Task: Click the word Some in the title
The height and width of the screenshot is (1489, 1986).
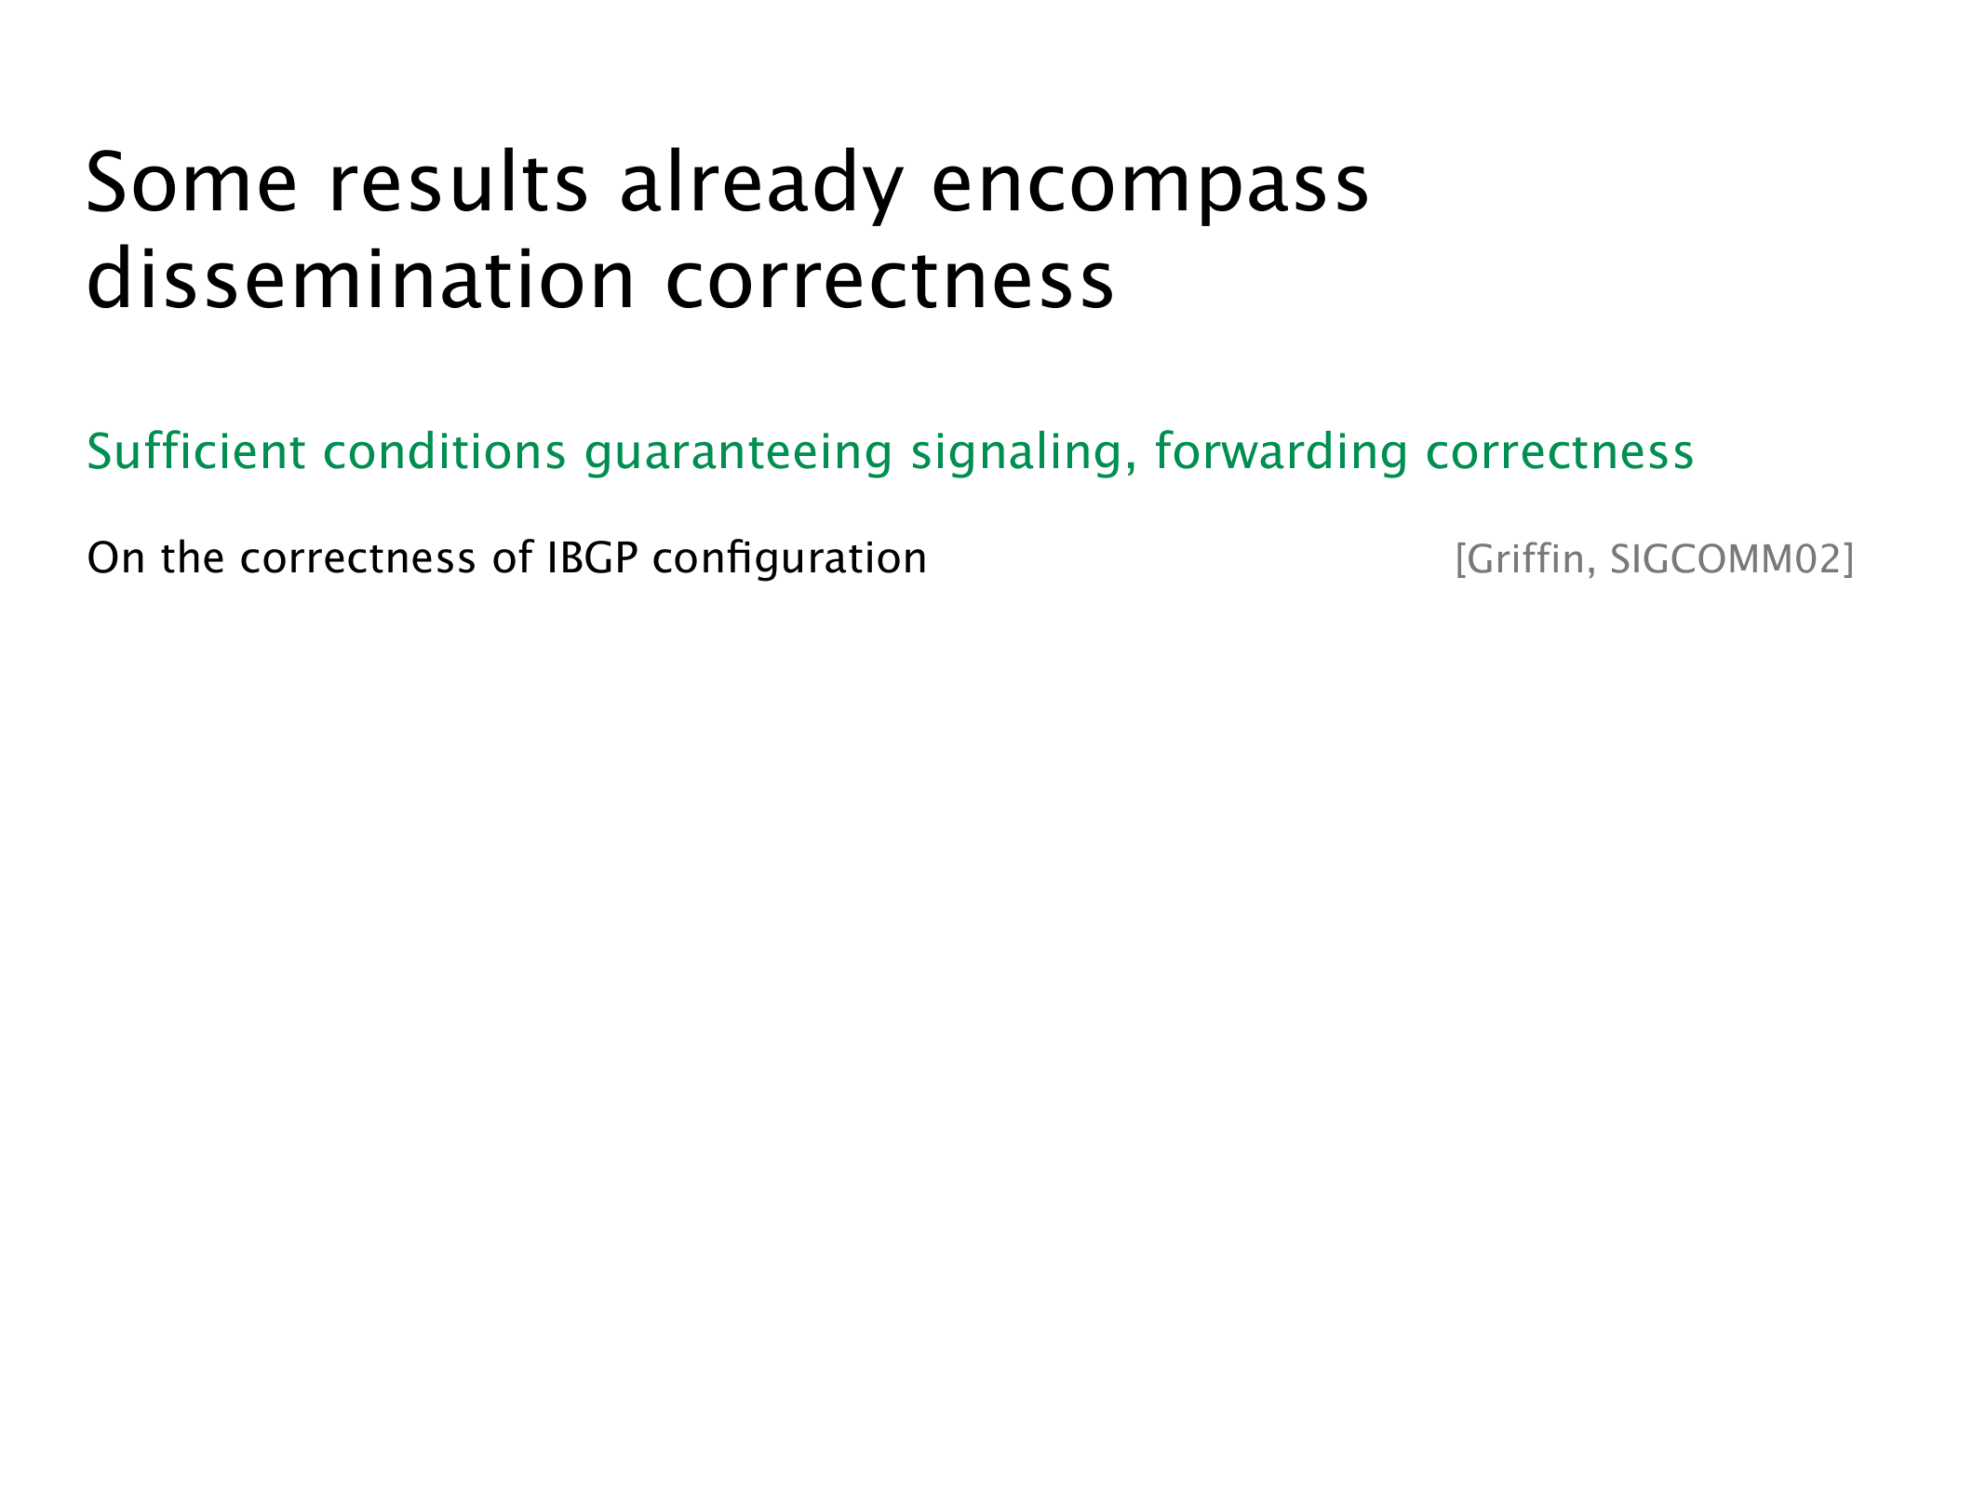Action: click(192, 182)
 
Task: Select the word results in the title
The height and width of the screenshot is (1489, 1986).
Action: click(459, 182)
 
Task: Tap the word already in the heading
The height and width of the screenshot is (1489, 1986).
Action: click(761, 187)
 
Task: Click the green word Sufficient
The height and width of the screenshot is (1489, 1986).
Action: click(196, 451)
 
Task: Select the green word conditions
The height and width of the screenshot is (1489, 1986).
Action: click(445, 451)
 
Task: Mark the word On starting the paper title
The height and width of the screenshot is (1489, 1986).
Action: click(116, 558)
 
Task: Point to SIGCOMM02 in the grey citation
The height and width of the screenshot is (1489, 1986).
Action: click(1726, 558)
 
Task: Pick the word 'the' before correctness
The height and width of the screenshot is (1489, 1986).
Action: click(193, 558)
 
